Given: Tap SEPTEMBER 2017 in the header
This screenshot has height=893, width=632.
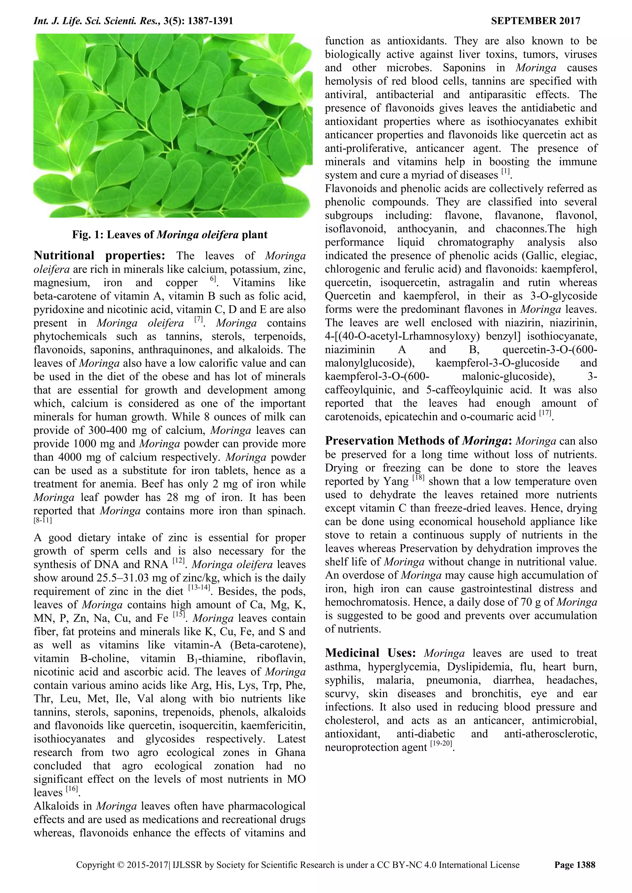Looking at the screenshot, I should pos(535,21).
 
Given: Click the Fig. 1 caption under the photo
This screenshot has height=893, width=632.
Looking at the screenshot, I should pos(170,235).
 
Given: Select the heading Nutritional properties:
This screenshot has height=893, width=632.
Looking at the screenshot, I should pos(99,256).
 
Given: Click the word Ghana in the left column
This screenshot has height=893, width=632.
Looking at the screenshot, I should pos(290,753).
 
